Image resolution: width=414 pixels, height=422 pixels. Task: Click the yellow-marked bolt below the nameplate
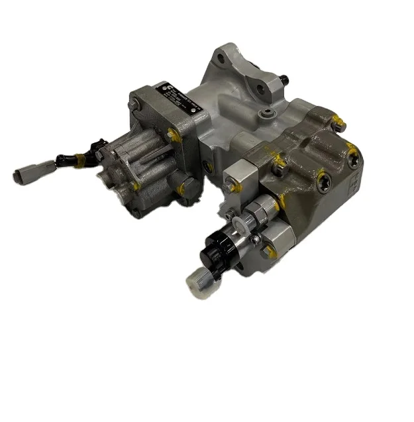(x=173, y=136)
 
